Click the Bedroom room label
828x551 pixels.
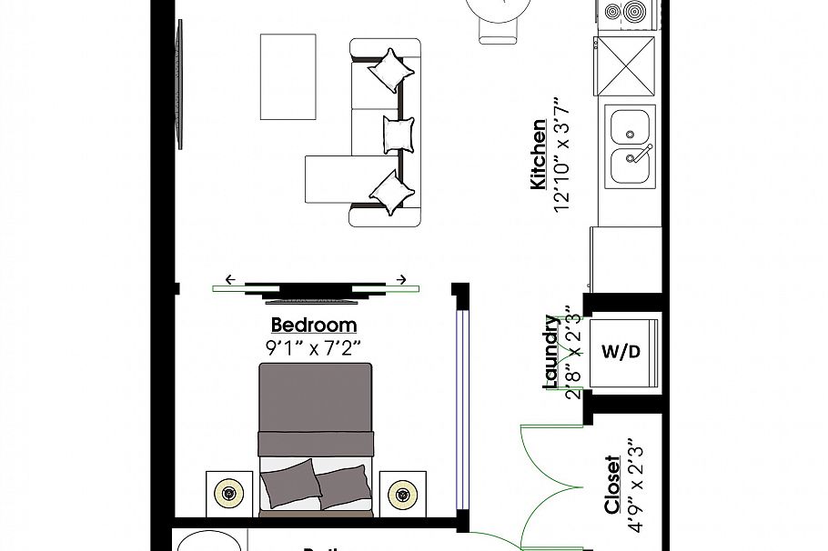tap(314, 326)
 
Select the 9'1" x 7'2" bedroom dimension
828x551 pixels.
tap(314, 346)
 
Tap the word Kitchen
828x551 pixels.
tap(539, 155)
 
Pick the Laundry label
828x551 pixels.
tap(551, 352)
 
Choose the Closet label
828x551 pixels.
tap(612, 485)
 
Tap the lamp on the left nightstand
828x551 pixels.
tap(227, 495)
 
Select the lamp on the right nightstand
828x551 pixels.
tap(401, 495)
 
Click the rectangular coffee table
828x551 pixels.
tap(288, 76)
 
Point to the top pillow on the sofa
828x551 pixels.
tap(389, 69)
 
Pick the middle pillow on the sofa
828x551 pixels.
tap(399, 133)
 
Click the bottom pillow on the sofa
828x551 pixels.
tap(391, 192)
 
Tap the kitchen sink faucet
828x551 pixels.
tap(641, 150)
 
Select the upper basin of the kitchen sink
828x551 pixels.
tap(629, 126)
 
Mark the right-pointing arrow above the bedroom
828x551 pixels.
tap(400, 279)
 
